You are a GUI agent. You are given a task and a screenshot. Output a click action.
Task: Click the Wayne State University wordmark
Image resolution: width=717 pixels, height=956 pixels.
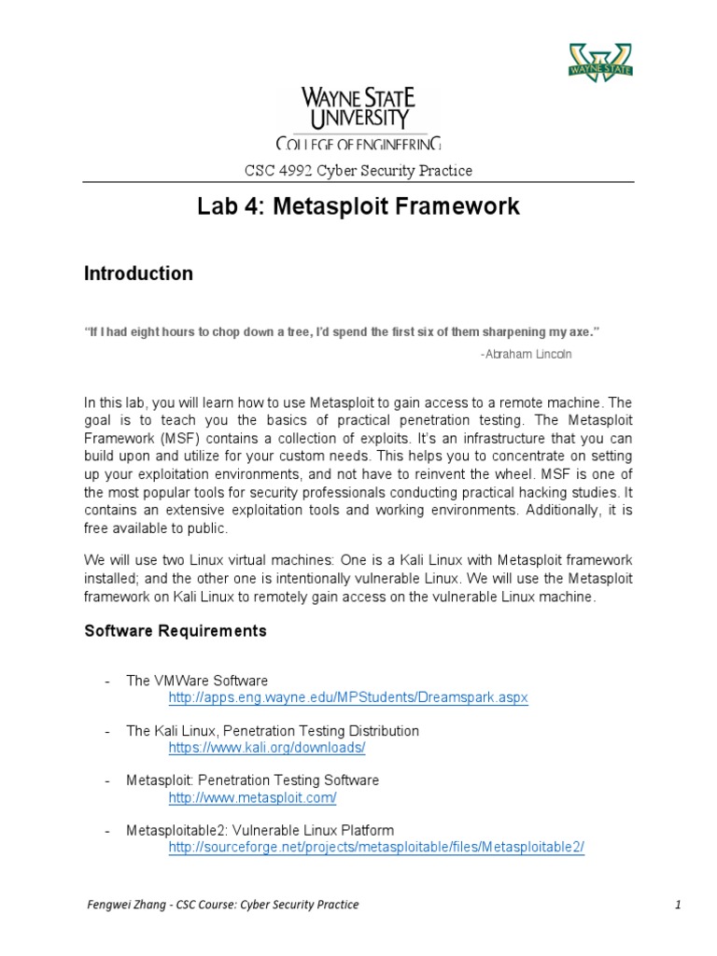[x=358, y=107]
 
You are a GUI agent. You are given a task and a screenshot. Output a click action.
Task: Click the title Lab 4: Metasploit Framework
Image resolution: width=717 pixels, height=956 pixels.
[x=358, y=206]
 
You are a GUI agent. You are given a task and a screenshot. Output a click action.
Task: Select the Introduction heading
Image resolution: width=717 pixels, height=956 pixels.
[x=138, y=274]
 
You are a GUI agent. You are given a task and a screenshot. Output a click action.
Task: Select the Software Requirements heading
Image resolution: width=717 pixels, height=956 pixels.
[x=176, y=631]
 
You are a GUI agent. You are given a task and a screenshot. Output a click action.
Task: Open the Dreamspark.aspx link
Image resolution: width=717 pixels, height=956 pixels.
[x=348, y=697]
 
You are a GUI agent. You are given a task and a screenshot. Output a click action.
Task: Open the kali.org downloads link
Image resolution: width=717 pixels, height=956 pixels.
[x=266, y=748]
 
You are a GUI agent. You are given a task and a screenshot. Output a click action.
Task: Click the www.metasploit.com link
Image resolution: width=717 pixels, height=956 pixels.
[x=252, y=797]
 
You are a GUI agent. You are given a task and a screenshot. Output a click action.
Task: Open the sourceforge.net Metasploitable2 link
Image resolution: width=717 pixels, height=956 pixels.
[x=376, y=847]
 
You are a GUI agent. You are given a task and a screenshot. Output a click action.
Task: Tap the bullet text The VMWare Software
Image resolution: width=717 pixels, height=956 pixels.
[x=197, y=681]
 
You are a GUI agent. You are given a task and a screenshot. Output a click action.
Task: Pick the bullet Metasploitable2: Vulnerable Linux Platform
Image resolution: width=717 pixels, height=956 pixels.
[x=260, y=830]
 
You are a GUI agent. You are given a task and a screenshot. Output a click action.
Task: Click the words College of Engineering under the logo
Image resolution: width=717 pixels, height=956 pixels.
[x=358, y=143]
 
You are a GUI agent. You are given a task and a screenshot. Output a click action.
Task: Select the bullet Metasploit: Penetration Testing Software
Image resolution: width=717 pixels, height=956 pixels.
[x=252, y=780]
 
